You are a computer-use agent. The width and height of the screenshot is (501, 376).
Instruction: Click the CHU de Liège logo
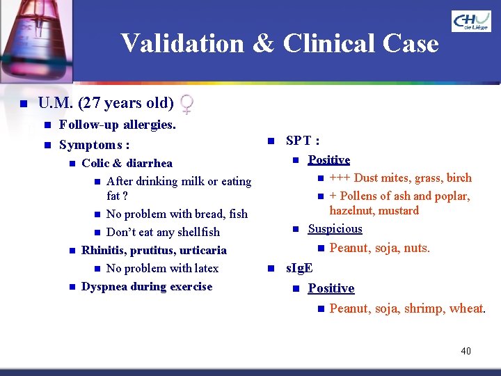coord(471,22)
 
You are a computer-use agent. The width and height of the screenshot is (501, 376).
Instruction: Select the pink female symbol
coord(186,104)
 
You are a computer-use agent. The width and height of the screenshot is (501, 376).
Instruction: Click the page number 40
coord(466,351)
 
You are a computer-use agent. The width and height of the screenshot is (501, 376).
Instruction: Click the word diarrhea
coord(150,164)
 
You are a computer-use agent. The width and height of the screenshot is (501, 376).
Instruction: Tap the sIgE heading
coord(299,268)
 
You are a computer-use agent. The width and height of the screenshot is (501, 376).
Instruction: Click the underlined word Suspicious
coord(335,228)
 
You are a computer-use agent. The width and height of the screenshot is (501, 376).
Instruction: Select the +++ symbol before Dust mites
coord(340,178)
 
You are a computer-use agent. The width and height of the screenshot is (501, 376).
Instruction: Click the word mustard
coord(399,210)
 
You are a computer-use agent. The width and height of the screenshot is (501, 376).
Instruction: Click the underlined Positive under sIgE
coord(331,288)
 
